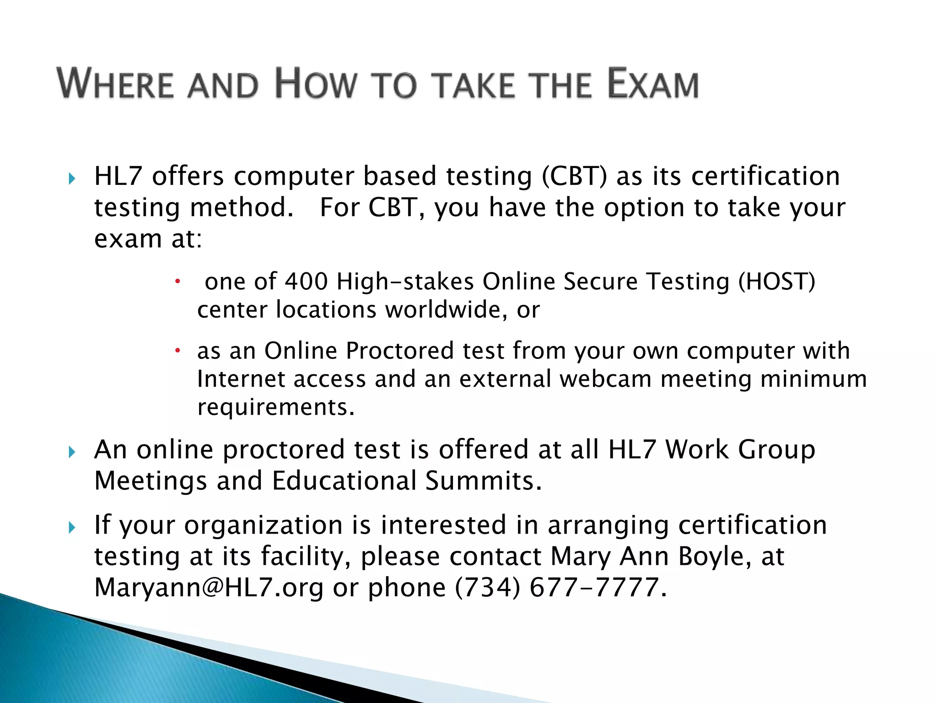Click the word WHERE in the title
115,84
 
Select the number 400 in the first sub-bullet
306,281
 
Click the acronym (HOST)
776,281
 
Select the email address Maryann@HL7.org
209,587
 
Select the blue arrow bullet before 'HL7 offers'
72,178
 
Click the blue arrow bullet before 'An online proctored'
72,452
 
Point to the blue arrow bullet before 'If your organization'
72,528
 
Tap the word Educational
344,481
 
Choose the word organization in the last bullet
263,525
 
